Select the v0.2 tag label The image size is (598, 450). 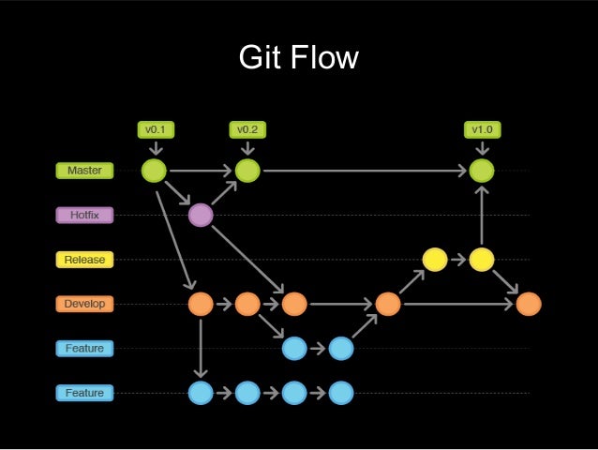(247, 128)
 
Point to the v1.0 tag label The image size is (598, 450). (481, 128)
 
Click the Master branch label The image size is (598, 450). (84, 171)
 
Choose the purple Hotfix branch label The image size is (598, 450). (84, 215)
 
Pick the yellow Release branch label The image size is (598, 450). (84, 259)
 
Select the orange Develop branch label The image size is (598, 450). (84, 304)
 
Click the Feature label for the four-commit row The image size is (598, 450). (84, 392)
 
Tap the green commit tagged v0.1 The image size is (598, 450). (154, 171)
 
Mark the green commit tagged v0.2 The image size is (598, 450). (247, 171)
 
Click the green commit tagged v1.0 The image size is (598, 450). (481, 171)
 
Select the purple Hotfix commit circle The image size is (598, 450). (200, 216)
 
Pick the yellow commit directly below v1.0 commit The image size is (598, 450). (481, 260)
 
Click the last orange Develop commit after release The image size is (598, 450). (528, 304)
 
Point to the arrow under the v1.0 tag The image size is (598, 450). (481, 148)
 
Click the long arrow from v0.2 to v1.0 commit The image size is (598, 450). (366, 171)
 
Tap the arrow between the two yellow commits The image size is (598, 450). (457, 260)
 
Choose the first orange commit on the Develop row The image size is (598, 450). (200, 304)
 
